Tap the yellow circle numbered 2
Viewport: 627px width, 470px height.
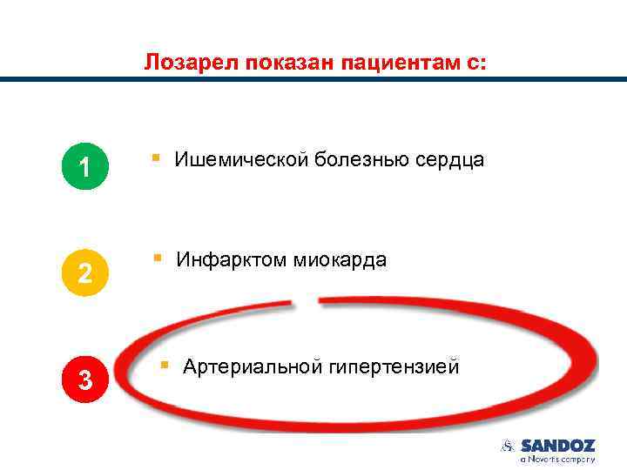tap(84, 272)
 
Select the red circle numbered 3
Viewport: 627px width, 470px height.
tap(84, 379)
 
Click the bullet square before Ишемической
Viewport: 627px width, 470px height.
tap(154, 158)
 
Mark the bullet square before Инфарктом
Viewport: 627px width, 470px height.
tap(158, 258)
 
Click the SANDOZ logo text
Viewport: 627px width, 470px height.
tap(557, 446)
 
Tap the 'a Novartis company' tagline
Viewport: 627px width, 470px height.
tap(557, 459)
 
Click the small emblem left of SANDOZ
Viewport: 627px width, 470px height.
tap(509, 446)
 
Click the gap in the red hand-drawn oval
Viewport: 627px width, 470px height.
tap(307, 303)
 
